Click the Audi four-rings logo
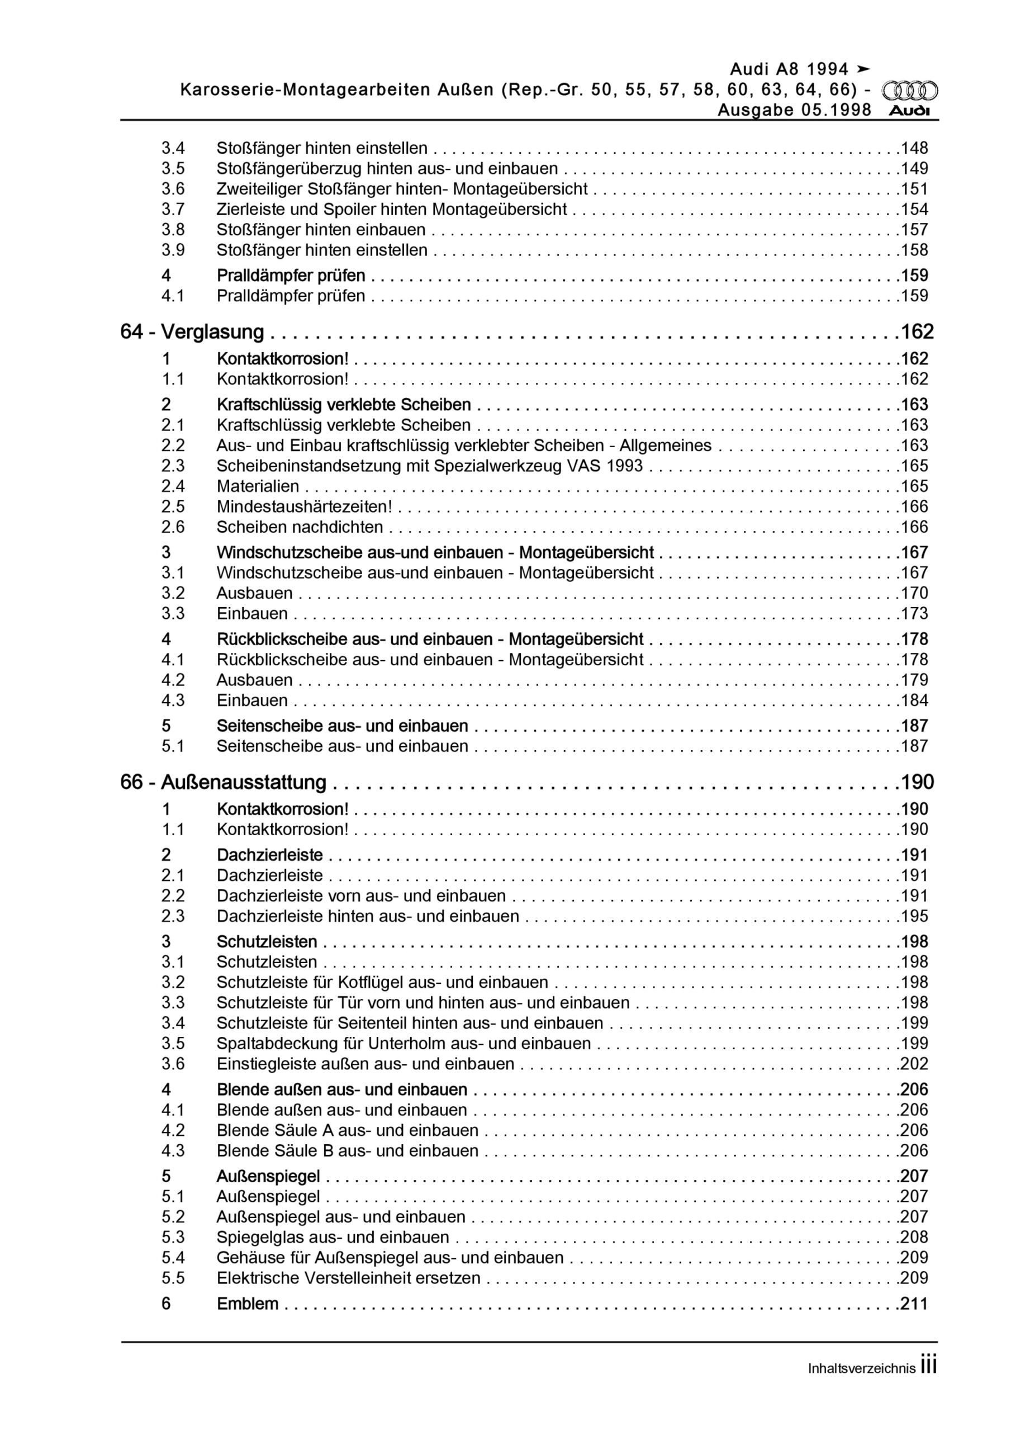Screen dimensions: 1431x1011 click(x=909, y=91)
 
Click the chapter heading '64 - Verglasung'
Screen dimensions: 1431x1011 click(x=192, y=332)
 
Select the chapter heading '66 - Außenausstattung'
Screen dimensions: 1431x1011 click(x=223, y=782)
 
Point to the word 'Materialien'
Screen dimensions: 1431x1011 click(x=258, y=486)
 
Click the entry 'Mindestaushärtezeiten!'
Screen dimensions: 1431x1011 click(x=304, y=506)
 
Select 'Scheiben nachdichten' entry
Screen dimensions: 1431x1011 click(x=299, y=527)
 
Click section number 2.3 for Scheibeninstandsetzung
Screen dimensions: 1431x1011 click(x=173, y=466)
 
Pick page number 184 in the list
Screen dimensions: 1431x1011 click(x=914, y=700)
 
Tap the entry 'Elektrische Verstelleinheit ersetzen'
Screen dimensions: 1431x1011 click(x=348, y=1278)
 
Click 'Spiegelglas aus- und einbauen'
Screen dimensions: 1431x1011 click(x=333, y=1237)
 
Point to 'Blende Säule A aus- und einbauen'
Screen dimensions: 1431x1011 click(x=347, y=1131)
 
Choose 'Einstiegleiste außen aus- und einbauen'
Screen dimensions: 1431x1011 click(x=366, y=1064)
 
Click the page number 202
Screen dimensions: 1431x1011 click(x=914, y=1064)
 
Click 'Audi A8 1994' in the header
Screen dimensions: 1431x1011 click(x=789, y=69)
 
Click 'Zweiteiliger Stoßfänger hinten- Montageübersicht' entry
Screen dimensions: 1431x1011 click(x=402, y=189)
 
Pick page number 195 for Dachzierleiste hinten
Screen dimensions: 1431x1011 click(x=914, y=916)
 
